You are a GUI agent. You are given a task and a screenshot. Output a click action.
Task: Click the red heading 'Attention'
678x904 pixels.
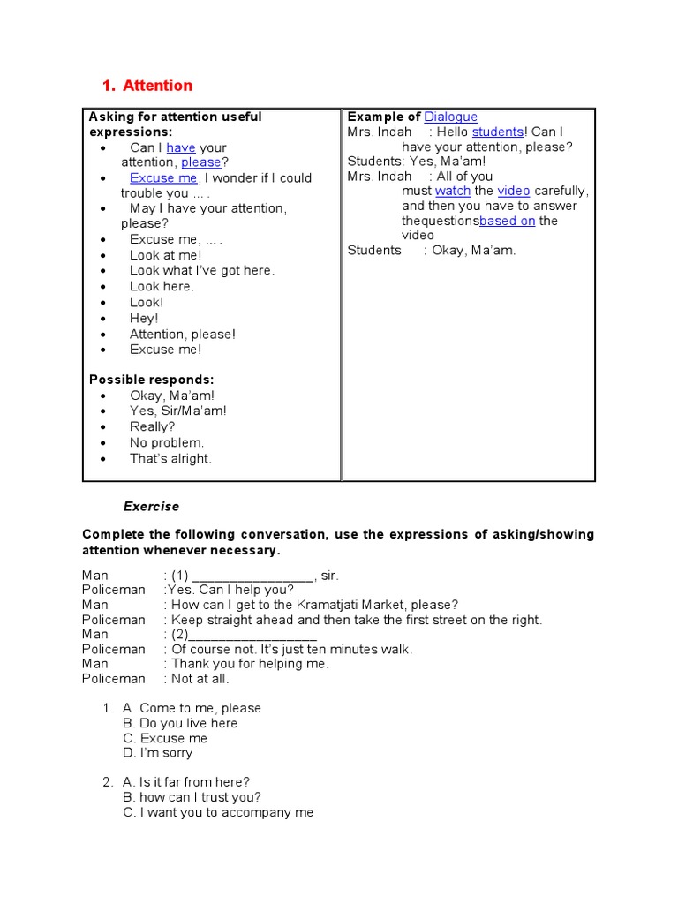[157, 86]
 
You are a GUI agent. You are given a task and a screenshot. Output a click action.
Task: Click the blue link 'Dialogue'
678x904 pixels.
[450, 117]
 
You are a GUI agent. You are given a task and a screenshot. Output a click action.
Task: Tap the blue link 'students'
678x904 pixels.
[498, 132]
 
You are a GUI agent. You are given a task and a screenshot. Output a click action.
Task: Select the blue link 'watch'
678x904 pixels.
[453, 191]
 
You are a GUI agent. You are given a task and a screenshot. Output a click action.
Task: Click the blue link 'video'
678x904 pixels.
[513, 191]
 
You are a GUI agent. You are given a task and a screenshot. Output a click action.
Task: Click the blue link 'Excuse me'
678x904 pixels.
[163, 177]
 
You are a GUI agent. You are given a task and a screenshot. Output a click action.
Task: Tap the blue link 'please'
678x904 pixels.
[201, 162]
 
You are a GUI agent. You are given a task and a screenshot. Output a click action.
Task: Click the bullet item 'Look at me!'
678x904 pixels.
[165, 255]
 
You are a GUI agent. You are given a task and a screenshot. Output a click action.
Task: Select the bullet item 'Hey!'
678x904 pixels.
[144, 318]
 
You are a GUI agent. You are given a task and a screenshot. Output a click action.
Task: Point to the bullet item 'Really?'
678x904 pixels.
[152, 426]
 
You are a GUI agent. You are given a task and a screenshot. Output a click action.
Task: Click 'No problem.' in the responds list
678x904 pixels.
[166, 442]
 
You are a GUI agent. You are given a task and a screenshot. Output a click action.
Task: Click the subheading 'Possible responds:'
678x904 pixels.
[151, 380]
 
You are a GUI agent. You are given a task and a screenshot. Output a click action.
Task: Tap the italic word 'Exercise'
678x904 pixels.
[151, 507]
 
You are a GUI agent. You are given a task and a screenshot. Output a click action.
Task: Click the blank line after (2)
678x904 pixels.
[252, 635]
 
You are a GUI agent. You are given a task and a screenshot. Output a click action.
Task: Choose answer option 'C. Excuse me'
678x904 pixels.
[165, 738]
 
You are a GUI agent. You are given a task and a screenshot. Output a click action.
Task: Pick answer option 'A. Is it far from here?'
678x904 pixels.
[186, 782]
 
